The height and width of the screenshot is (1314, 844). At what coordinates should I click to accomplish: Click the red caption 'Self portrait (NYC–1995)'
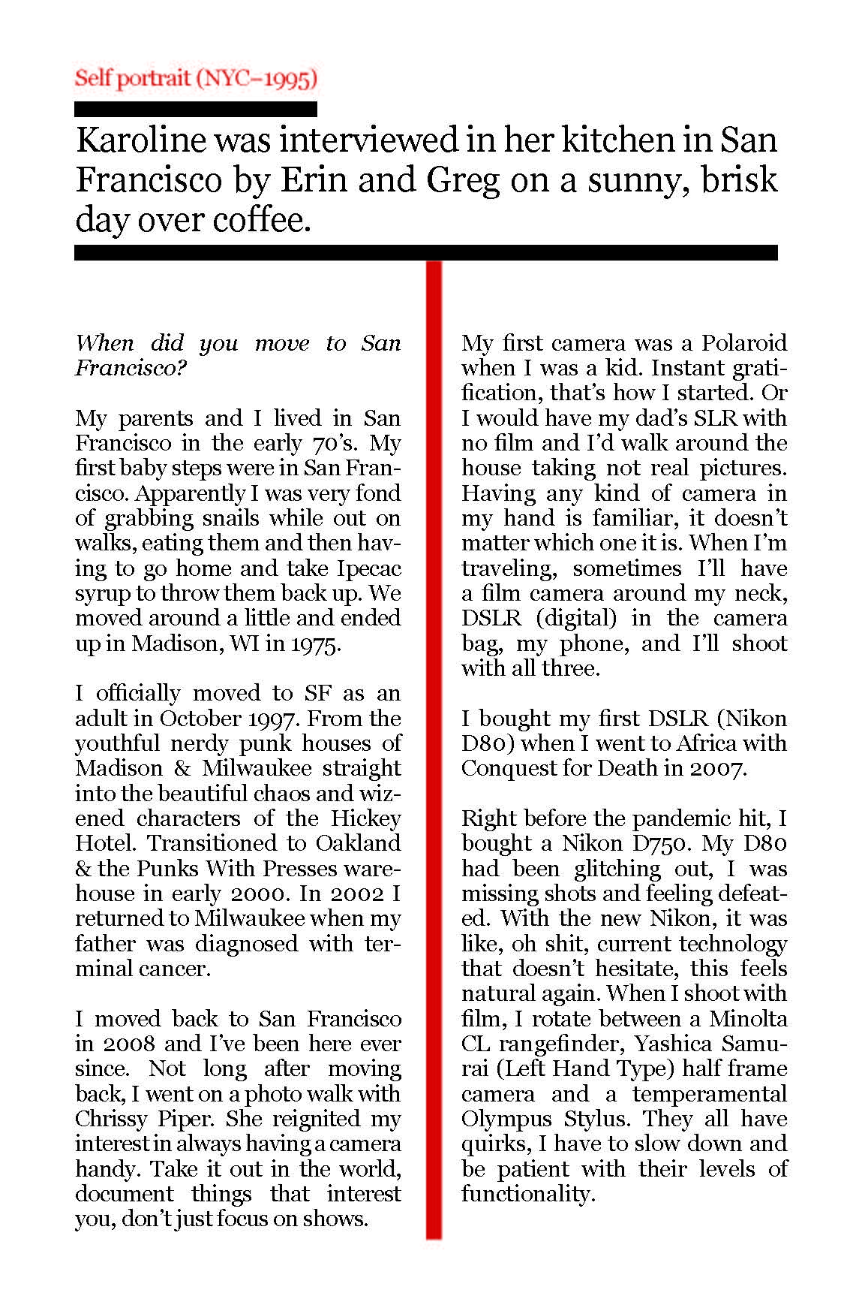(196, 78)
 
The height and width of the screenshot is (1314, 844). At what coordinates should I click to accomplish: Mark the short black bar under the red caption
(196, 110)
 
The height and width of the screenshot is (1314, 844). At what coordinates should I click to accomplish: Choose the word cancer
(176, 969)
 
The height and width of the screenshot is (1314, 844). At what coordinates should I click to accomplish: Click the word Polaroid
(743, 343)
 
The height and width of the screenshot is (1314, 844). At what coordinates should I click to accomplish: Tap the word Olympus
(506, 1119)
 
